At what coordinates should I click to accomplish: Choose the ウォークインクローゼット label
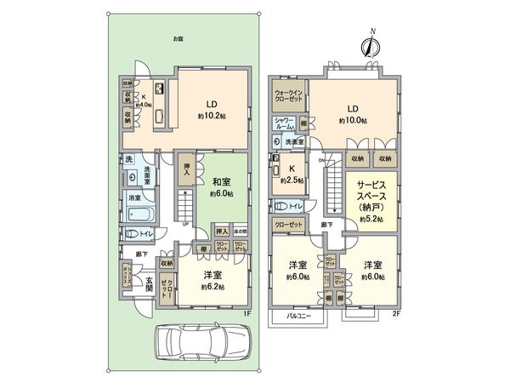click(x=287, y=95)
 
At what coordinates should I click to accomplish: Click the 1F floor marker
click(x=246, y=312)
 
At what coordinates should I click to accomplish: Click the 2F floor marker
click(x=395, y=312)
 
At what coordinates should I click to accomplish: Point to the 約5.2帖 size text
click(x=372, y=219)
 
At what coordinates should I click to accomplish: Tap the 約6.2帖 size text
click(x=214, y=287)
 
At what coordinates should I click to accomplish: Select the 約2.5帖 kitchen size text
click(x=292, y=179)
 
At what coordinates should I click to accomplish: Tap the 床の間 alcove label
click(x=242, y=232)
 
